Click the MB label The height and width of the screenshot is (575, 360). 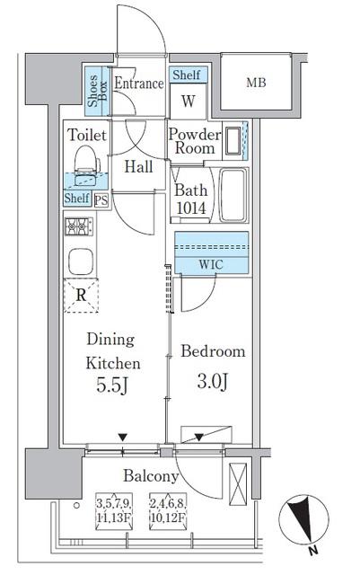click(x=256, y=83)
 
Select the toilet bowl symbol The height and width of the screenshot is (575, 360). click(x=87, y=165)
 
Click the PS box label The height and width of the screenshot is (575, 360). click(x=101, y=200)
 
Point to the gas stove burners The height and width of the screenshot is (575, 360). click(x=79, y=226)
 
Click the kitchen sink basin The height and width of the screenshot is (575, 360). click(x=80, y=261)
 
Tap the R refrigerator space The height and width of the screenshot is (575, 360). click(x=81, y=296)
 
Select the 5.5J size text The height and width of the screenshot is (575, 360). click(x=112, y=385)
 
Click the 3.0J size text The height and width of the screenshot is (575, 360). click(x=213, y=381)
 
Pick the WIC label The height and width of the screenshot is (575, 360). click(x=211, y=265)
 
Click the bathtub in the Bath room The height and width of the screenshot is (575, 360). click(x=233, y=195)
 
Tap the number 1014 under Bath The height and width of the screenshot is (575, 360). click(x=191, y=208)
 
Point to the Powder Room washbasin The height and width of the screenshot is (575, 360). click(x=232, y=141)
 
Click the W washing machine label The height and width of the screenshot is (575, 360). click(x=189, y=101)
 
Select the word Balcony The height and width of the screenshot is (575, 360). click(x=151, y=476)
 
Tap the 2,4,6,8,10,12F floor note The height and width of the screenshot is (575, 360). click(x=168, y=511)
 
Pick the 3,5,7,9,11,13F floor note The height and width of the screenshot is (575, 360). click(x=114, y=511)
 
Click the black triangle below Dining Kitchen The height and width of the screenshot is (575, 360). click(x=122, y=438)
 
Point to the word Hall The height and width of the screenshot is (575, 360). click(x=138, y=167)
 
